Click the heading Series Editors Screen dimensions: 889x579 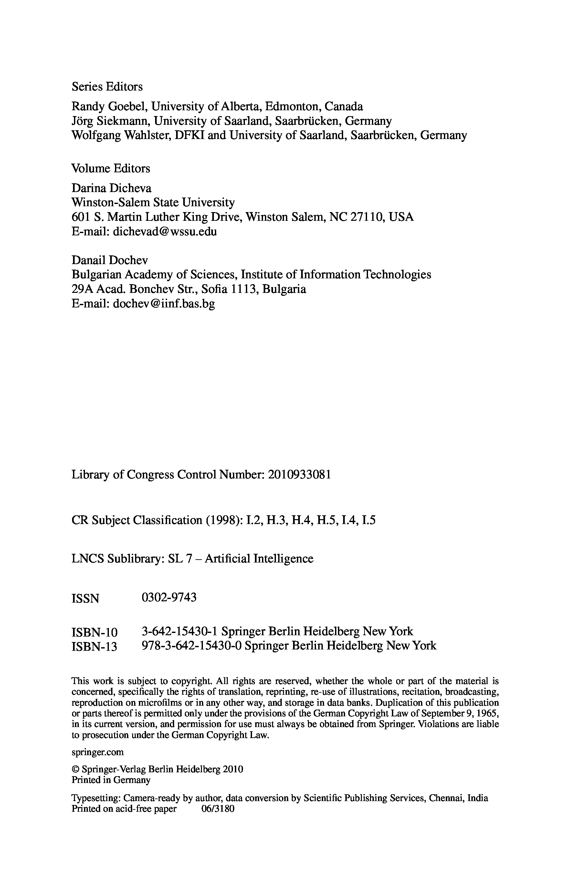[107, 87]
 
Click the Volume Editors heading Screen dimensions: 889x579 [111, 168]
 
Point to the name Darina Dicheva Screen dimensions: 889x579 [111, 188]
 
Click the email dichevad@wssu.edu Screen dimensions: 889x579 [165, 231]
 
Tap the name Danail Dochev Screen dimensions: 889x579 [110, 260]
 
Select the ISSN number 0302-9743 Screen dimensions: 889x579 [169, 598]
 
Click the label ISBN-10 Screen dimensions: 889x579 [94, 632]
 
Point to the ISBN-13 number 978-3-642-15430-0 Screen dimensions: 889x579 [192, 646]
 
